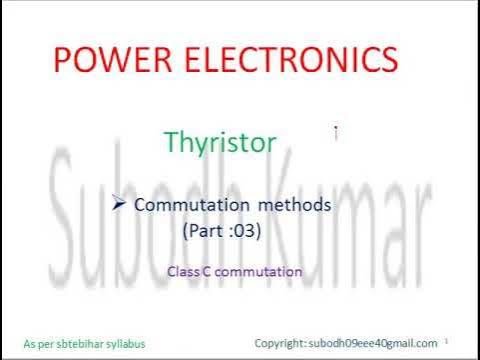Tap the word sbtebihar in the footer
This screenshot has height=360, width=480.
[83, 343]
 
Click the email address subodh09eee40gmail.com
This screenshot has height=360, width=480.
[373, 343]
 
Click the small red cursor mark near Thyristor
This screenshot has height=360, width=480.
[335, 131]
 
